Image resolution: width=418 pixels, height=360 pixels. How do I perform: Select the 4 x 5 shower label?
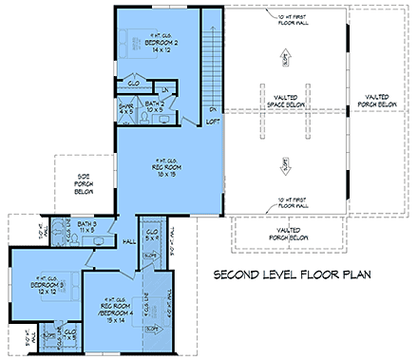click(127, 109)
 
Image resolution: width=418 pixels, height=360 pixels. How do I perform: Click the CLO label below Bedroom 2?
click(134, 83)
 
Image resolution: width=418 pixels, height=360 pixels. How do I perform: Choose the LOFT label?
click(213, 122)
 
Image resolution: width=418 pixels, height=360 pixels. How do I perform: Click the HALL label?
click(130, 242)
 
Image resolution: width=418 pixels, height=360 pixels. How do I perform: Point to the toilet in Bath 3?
click(63, 228)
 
